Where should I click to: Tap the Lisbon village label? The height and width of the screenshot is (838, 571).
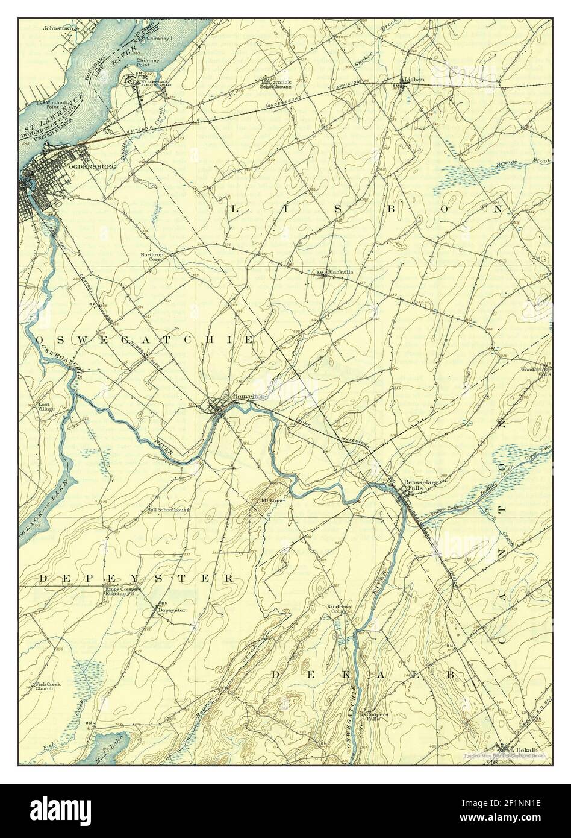pyautogui.click(x=415, y=79)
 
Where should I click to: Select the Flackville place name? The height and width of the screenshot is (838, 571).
pyautogui.click(x=340, y=273)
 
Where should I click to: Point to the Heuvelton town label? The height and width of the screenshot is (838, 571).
pyautogui.click(x=248, y=397)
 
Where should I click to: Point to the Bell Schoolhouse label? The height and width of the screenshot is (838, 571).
pyautogui.click(x=169, y=510)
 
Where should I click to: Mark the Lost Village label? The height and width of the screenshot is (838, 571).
pyautogui.click(x=46, y=407)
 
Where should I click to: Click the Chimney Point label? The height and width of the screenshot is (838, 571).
pyautogui.click(x=147, y=63)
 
